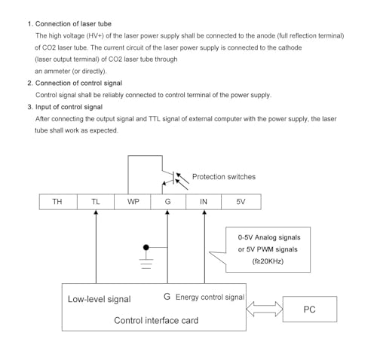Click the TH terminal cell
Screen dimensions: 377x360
(58, 202)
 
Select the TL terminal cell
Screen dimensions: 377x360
(96, 202)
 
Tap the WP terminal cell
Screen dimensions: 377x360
(133, 202)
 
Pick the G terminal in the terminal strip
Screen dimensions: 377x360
(168, 202)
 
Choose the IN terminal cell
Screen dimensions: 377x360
(204, 202)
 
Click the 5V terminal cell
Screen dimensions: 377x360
(241, 202)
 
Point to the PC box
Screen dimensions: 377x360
(310, 309)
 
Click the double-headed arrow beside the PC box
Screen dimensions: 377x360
(265, 309)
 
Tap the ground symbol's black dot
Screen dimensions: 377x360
(146, 248)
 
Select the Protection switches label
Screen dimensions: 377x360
(224, 177)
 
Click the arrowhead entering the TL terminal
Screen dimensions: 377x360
(96, 212)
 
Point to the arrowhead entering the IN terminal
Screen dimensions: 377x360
(204, 212)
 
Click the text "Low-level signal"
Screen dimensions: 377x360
(100, 299)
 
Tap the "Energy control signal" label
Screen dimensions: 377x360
(210, 297)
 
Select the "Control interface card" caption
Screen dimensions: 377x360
(156, 321)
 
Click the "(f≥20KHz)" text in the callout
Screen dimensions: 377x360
(268, 261)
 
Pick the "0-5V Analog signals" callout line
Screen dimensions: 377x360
(269, 237)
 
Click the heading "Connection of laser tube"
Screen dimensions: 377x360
(73, 24)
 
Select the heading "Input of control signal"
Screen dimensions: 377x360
(69, 107)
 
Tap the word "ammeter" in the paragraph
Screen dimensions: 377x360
(57, 72)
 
